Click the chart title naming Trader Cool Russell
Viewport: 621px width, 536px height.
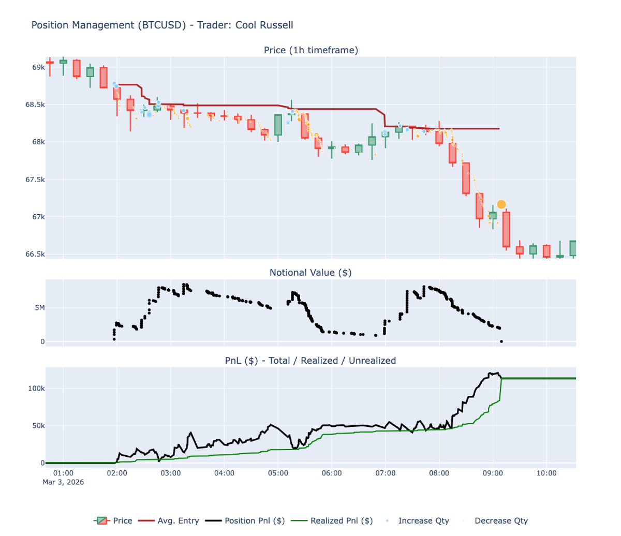(162, 25)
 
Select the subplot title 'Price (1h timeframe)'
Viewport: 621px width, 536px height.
(310, 50)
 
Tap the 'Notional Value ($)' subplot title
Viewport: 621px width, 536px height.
(310, 273)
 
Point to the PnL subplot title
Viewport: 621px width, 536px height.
(310, 361)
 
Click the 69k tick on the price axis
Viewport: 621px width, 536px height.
(38, 68)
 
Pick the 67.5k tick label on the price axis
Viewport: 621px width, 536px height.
(35, 180)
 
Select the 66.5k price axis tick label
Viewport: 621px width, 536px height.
(35, 254)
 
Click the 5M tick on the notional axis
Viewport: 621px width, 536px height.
(39, 308)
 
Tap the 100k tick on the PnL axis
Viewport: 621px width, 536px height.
(36, 389)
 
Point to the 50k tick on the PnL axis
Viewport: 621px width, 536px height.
(38, 426)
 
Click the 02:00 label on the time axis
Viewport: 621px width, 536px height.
(117, 473)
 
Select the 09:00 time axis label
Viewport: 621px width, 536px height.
(493, 473)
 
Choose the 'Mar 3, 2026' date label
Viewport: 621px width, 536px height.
(63, 482)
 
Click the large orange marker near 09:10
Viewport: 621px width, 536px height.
(501, 204)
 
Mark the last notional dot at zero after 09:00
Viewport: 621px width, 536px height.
(501, 341)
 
